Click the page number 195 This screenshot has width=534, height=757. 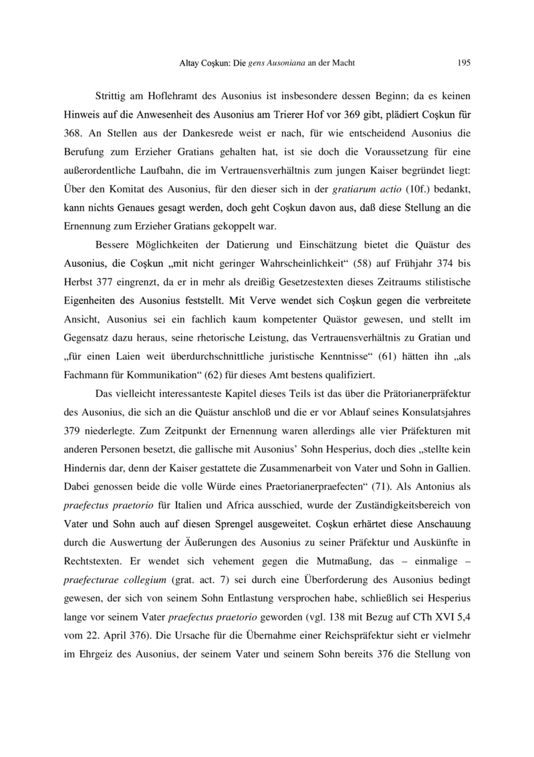pos(464,64)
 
